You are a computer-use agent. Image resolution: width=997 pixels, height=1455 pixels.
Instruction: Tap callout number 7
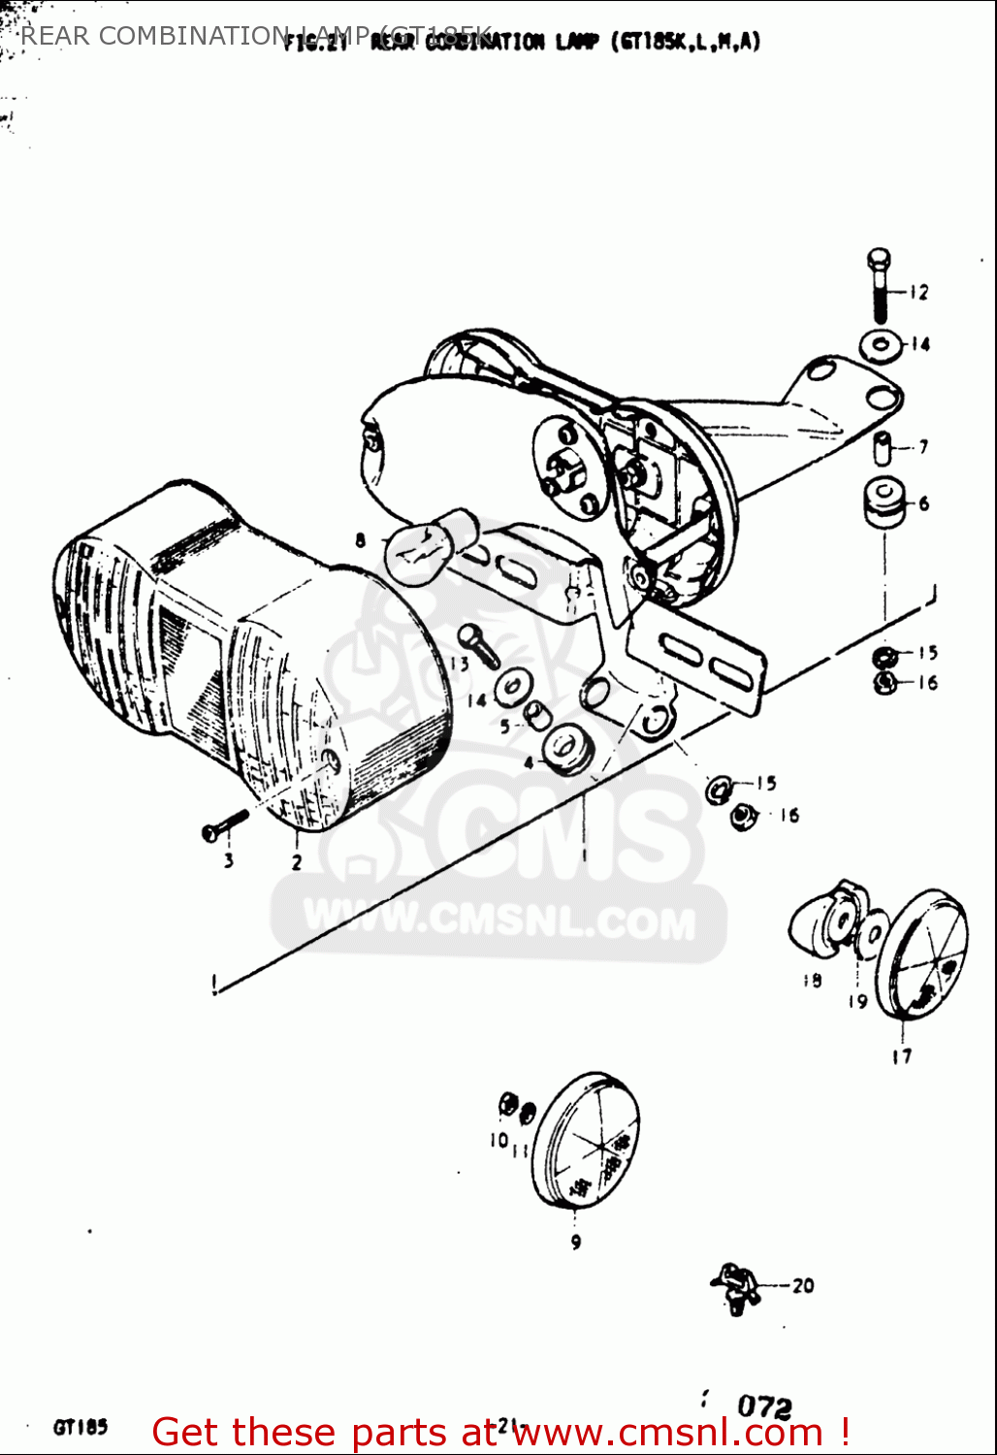(923, 446)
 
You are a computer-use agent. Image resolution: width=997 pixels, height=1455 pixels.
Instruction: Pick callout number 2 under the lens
(296, 861)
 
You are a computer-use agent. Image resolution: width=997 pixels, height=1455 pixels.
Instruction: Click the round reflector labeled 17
(920, 954)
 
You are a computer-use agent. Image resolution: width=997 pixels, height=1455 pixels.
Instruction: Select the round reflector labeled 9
(586, 1141)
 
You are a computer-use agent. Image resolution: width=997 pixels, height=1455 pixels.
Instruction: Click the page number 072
(764, 1406)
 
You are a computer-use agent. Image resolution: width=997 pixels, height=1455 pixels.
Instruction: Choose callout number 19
(858, 1000)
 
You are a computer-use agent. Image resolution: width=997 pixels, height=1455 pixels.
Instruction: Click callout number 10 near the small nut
(498, 1140)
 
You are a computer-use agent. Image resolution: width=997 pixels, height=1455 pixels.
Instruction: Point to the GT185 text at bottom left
(80, 1427)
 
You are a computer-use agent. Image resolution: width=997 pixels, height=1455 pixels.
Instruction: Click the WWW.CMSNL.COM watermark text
(498, 921)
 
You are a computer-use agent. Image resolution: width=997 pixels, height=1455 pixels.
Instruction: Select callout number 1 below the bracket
(584, 856)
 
